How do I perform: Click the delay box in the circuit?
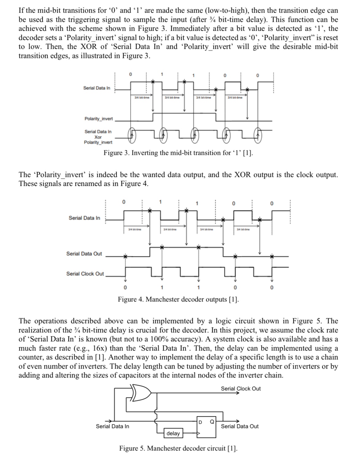(x=173, y=433)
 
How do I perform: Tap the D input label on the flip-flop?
(x=200, y=422)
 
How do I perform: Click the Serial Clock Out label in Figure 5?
(x=241, y=388)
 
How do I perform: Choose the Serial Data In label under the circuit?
(x=112, y=426)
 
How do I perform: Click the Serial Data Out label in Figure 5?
(x=240, y=426)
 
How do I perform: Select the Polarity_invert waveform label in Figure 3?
(x=99, y=119)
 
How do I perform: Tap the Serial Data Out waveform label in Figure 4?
(x=84, y=254)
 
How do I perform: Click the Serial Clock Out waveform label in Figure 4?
(x=85, y=273)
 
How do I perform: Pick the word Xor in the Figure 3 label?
(x=98, y=137)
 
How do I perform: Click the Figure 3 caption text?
(x=178, y=153)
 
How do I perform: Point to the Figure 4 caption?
(x=178, y=299)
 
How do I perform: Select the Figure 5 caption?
(x=178, y=448)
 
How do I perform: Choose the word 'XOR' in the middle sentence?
(x=243, y=175)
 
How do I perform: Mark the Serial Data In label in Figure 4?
(x=84, y=218)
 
